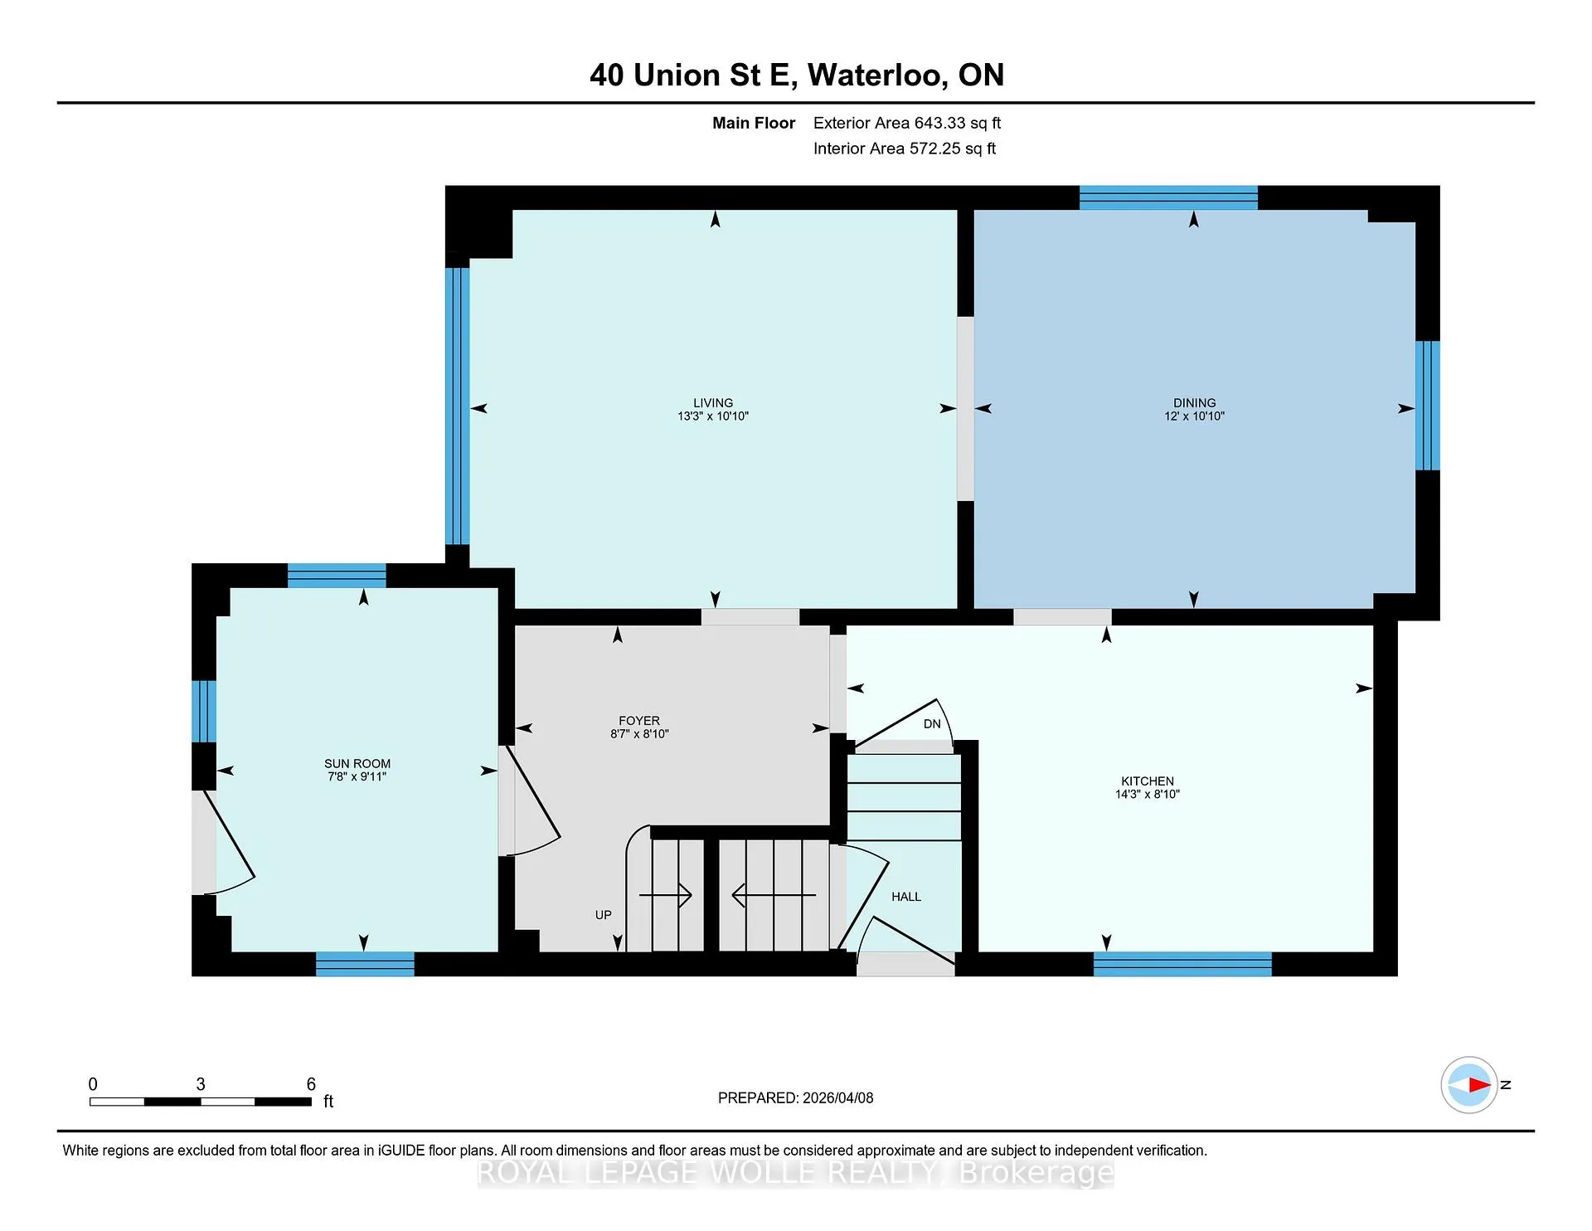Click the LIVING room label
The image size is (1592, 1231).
click(713, 403)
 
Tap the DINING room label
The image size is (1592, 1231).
click(1194, 403)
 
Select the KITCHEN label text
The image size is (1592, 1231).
click(1148, 781)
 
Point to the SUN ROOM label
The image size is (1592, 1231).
click(357, 764)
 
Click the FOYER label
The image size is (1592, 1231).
click(639, 721)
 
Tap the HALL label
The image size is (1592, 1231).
click(906, 897)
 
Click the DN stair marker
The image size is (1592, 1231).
click(932, 724)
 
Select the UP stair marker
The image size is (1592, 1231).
click(604, 915)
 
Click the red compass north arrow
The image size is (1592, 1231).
click(1479, 1085)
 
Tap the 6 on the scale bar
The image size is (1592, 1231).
click(311, 1084)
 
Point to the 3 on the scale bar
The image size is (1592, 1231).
click(201, 1084)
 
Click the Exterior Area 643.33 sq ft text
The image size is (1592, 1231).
click(907, 123)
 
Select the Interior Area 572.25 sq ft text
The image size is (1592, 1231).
click(905, 148)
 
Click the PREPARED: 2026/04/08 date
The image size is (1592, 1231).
click(796, 1097)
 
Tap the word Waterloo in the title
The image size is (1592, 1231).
click(878, 75)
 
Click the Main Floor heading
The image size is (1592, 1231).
click(754, 123)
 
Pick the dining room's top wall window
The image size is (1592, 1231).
click(1168, 198)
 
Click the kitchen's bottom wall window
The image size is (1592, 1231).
click(1182, 964)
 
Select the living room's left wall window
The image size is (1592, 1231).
click(458, 406)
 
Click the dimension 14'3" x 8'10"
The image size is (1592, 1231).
click(1148, 795)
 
